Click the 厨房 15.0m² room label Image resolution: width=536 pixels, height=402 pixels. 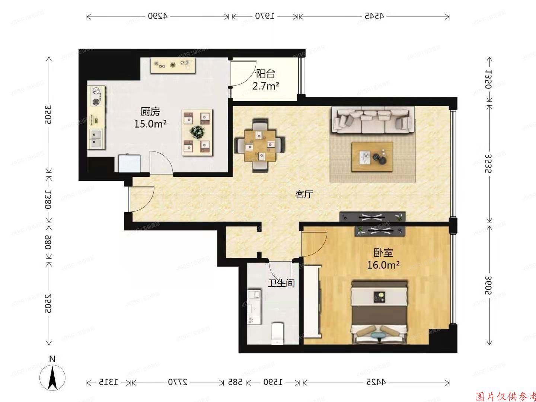pyautogui.click(x=150, y=118)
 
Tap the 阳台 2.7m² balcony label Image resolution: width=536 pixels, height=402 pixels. pyautogui.click(x=266, y=80)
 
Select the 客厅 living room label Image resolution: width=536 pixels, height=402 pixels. pyautogui.click(x=304, y=194)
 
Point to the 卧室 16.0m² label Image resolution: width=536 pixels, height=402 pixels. pyautogui.click(x=383, y=259)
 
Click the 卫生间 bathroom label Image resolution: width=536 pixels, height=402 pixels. pyautogui.click(x=281, y=283)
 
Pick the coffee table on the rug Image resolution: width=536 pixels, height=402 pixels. pyautogui.click(x=373, y=157)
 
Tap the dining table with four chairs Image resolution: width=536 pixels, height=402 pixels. pyautogui.click(x=260, y=146)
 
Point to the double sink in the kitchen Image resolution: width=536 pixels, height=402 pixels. pyautogui.click(x=96, y=138)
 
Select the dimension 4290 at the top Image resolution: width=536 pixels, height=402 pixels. pyautogui.click(x=158, y=16)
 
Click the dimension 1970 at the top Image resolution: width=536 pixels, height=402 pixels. pyautogui.click(x=265, y=16)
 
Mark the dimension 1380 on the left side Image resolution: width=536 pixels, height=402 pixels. pyautogui.click(x=48, y=199)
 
